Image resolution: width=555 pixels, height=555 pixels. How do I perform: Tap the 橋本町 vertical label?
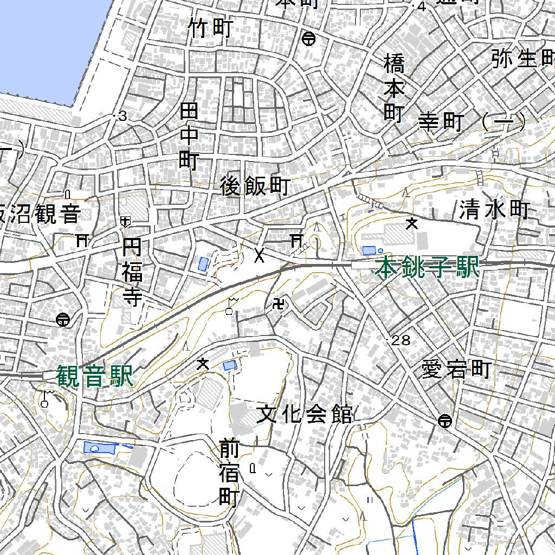click(x=394, y=87)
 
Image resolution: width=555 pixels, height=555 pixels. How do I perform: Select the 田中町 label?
click(x=189, y=137)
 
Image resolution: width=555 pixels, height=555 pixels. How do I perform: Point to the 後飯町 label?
click(x=255, y=186)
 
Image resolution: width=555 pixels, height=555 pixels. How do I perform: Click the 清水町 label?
click(x=494, y=209)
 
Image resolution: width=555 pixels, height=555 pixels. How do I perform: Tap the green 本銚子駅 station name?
click(x=428, y=268)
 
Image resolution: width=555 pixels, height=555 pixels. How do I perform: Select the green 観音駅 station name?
click(x=94, y=376)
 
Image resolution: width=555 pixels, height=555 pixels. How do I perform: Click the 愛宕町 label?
click(x=456, y=370)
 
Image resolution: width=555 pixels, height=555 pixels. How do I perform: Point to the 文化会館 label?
click(x=304, y=415)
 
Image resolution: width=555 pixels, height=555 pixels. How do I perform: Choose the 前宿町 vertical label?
click(x=229, y=472)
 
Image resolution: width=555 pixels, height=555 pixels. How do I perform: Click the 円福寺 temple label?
click(x=132, y=274)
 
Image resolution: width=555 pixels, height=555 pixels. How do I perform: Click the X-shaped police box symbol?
click(x=260, y=254)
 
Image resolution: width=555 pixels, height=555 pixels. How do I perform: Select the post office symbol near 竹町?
click(x=309, y=38)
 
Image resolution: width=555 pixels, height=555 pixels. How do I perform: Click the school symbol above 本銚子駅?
click(x=412, y=223)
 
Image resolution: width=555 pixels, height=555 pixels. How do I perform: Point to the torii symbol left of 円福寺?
click(x=82, y=240)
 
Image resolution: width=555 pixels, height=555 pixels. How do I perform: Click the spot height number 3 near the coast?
click(x=122, y=116)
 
